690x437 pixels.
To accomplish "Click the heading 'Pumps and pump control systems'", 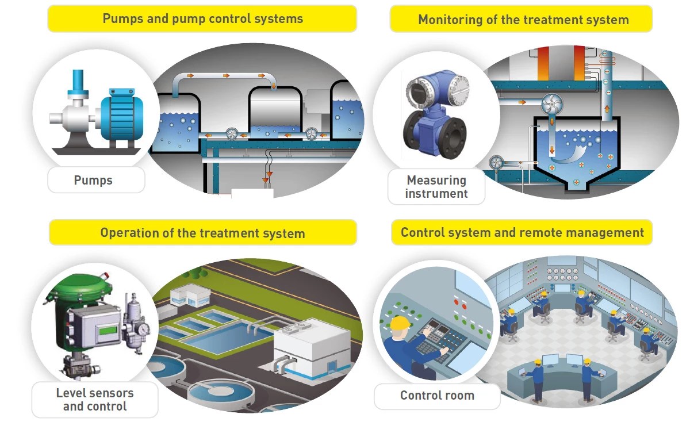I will pos(202,18).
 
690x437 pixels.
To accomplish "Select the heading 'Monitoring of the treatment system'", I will pos(523,20).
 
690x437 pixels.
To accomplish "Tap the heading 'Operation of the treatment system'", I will pos(202,233).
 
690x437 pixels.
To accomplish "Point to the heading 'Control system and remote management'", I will pos(522,232).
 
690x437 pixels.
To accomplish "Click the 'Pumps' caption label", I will pos(93,181).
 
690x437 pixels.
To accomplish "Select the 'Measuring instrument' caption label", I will pos(436,187).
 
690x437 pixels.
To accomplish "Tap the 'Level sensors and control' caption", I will pos(95,400).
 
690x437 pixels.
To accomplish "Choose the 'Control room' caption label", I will pos(437,396).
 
